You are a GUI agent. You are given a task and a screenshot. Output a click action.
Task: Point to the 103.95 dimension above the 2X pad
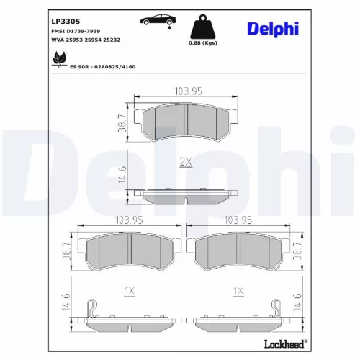coord(187,90)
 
